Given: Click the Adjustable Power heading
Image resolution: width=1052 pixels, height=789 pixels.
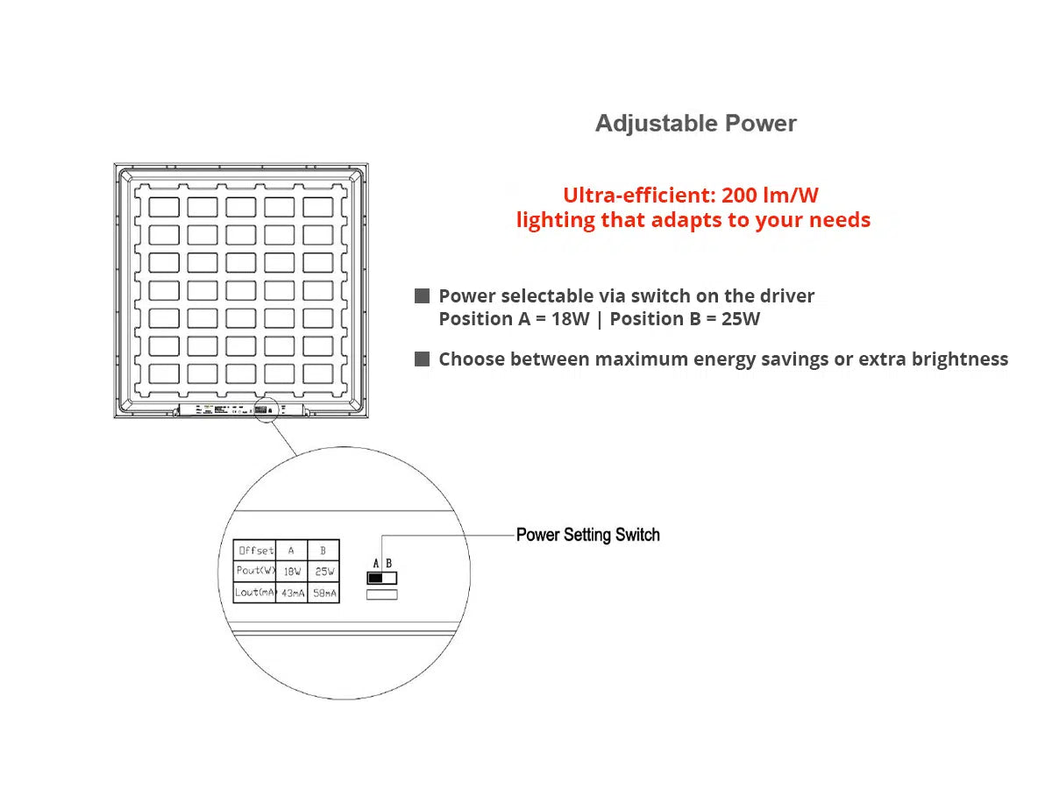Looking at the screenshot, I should point(695,124).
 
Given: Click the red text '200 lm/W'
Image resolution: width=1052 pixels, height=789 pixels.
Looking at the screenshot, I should point(770,195).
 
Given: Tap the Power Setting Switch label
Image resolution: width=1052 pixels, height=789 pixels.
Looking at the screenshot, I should point(587,535).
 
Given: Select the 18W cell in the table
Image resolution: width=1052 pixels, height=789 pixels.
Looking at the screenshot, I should point(292,571).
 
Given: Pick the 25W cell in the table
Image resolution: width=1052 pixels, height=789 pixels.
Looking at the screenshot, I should point(324,571).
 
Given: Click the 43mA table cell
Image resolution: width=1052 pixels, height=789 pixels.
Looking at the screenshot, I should point(292,594).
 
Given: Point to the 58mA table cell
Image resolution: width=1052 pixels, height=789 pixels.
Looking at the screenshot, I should point(324,594).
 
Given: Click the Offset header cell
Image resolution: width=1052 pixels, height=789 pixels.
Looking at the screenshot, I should point(255,551).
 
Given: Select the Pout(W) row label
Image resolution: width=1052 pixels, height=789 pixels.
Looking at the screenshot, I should point(255,571).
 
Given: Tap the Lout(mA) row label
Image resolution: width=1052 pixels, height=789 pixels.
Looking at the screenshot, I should point(255,594).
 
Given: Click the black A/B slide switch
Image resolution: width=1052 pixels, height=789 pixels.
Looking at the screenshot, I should point(381,579).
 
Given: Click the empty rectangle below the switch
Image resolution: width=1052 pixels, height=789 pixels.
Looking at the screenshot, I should point(381,595).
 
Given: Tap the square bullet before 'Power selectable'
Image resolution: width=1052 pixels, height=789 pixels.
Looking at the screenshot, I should point(423,296).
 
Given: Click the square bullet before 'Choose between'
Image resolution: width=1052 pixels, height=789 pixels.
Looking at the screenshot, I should point(423,359).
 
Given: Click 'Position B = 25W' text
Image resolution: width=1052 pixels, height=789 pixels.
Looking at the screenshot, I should point(685,319).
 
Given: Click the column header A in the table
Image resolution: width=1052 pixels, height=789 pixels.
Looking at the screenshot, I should point(292,551).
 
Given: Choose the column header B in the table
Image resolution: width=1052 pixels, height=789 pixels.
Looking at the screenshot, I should point(324,551).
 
